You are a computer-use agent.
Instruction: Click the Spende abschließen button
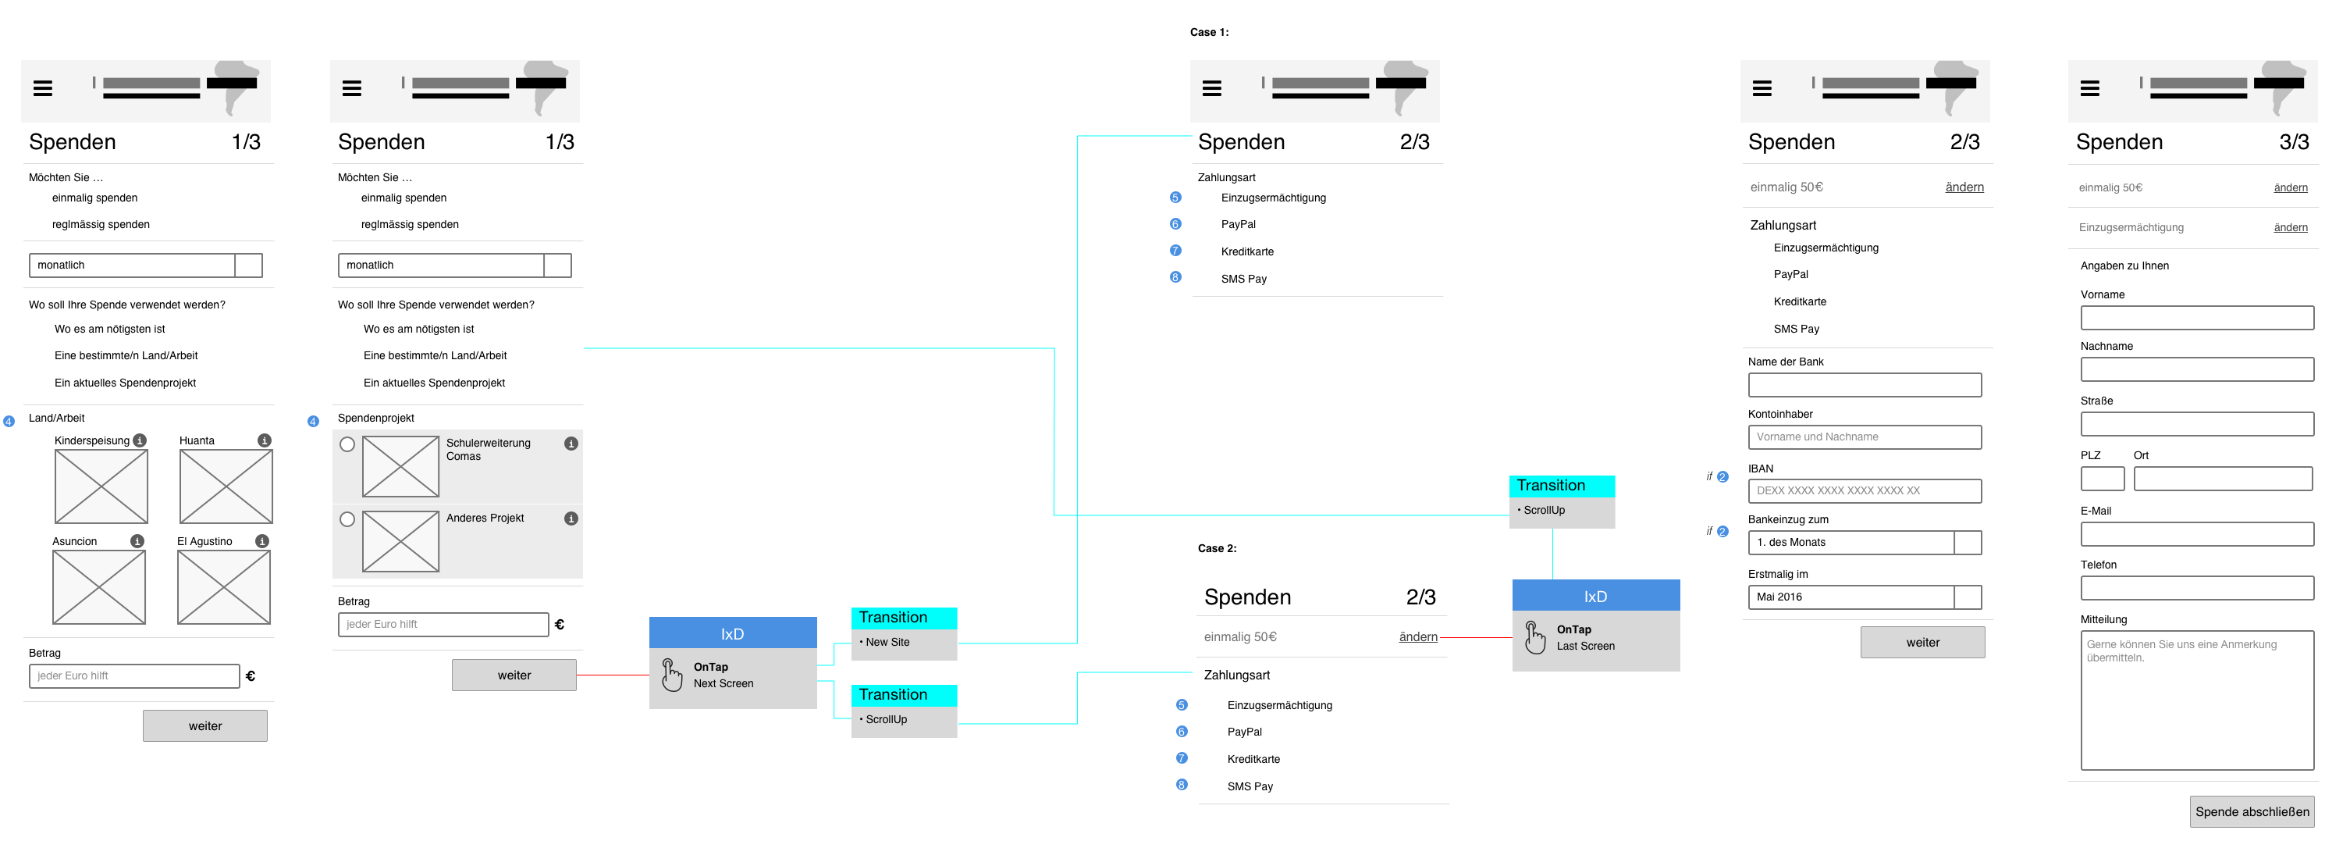point(2252,811)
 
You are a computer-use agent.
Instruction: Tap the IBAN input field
point(1864,491)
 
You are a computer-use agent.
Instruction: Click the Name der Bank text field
point(1864,385)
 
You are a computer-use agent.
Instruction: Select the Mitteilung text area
point(2197,700)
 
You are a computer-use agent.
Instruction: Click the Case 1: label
point(1209,32)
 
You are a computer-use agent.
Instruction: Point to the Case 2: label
point(1217,548)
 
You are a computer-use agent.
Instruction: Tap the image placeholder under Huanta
point(226,486)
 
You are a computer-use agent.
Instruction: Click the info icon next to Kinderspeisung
point(140,440)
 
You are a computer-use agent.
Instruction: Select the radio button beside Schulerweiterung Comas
point(347,444)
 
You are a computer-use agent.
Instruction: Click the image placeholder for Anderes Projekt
point(400,541)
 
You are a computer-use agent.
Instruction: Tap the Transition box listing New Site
point(904,633)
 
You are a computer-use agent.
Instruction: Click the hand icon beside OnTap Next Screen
point(671,675)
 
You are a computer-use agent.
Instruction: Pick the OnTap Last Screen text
point(1585,638)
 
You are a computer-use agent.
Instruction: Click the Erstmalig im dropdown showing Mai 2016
point(1864,597)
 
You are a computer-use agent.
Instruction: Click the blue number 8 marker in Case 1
point(1175,277)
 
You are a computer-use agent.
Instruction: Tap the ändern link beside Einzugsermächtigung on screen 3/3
point(2290,227)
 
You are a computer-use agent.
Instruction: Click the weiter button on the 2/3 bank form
point(1922,643)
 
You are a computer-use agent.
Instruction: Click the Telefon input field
point(2197,588)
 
